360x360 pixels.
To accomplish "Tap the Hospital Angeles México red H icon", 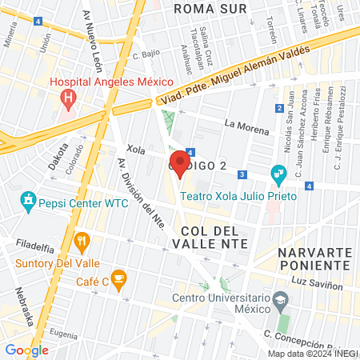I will pos(69,99).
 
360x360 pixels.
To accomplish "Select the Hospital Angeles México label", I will pos(111,82).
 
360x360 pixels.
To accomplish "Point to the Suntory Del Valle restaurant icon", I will pos(81,241).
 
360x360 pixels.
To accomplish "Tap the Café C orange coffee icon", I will pos(118,280).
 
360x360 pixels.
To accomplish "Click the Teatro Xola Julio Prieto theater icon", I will pos(278,173).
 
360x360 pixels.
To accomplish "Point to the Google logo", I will pos(26,350).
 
